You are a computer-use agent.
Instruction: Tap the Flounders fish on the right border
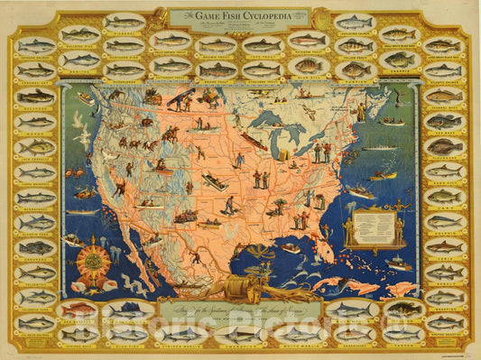pyautogui.click(x=444, y=146)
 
